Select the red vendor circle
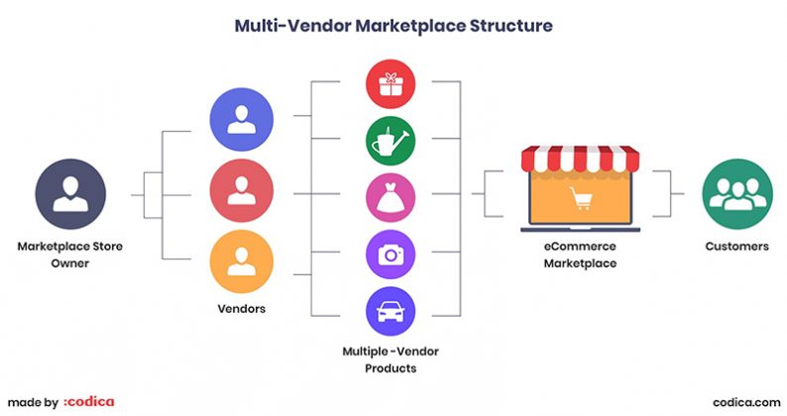click(241, 191)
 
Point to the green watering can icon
click(391, 142)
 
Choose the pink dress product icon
click(391, 197)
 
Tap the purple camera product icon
click(391, 254)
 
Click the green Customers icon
click(735, 191)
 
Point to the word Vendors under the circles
click(241, 309)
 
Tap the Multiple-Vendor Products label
click(391, 360)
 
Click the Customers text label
click(735, 246)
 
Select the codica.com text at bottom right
click(743, 401)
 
